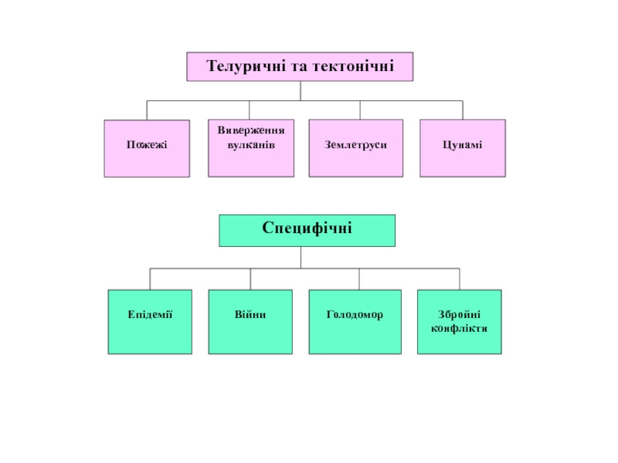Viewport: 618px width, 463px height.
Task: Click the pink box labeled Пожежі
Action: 147,148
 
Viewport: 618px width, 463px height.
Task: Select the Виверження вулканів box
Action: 251,148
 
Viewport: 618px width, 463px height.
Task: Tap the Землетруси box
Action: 355,148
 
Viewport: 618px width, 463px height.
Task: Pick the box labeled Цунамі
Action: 463,148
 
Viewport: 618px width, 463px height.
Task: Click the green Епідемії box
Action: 150,322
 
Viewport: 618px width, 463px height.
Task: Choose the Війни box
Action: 250,322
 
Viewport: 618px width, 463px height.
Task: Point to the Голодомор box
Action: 355,322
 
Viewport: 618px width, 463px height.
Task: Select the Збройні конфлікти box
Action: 459,322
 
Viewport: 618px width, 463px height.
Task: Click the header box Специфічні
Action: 307,229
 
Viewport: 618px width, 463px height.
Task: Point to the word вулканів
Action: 251,145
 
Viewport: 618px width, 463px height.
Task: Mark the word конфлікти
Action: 459,328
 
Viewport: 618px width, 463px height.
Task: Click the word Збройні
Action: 459,315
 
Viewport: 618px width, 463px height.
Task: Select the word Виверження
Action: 251,131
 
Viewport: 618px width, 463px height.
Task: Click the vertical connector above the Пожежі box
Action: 147,110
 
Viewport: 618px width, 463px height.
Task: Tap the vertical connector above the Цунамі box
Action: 463,110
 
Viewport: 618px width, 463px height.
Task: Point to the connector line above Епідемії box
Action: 150,279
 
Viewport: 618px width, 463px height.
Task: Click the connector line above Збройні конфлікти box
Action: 460,279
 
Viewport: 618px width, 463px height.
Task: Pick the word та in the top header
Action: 300,67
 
